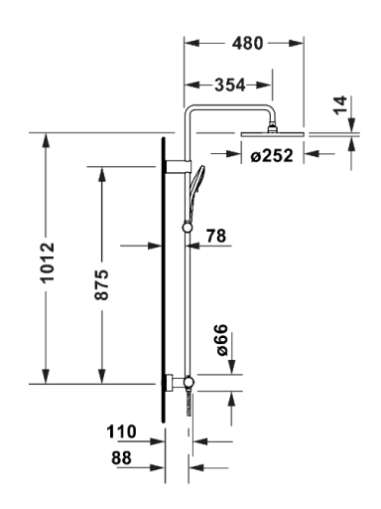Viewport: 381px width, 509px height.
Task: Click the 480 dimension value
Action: (x=247, y=43)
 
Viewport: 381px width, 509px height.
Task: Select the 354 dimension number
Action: (x=230, y=85)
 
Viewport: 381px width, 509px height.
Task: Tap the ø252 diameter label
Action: (x=272, y=155)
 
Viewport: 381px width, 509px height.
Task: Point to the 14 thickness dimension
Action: (x=340, y=105)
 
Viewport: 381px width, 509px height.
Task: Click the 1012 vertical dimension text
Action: (x=48, y=262)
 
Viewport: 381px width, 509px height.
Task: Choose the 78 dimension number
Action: (x=216, y=236)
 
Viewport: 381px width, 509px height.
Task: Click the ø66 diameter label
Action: (x=222, y=340)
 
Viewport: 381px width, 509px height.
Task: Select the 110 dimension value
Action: (x=121, y=431)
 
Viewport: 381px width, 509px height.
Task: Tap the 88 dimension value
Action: (x=121, y=458)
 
